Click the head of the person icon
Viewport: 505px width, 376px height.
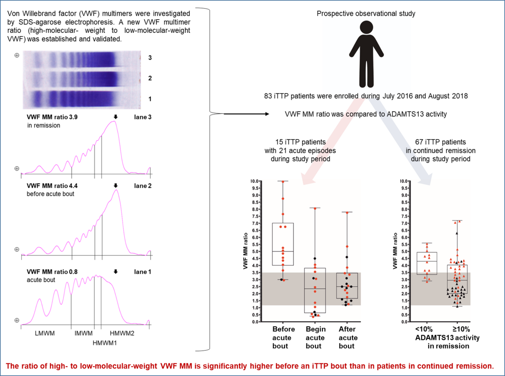(x=367, y=27)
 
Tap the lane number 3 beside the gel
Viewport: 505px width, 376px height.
(x=150, y=58)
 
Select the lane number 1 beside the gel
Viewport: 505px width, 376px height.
(x=150, y=99)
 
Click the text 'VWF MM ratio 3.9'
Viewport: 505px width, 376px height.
(x=52, y=117)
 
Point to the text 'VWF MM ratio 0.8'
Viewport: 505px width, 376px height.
(x=52, y=272)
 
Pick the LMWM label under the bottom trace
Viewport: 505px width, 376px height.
(x=45, y=333)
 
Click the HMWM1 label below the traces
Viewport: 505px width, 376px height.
(x=105, y=343)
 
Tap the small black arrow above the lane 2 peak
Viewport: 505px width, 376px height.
(x=116, y=185)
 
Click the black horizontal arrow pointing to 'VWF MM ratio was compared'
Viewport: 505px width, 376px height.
(x=246, y=114)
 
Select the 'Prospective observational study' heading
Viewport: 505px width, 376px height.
(x=366, y=14)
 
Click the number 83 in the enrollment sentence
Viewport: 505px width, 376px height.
(x=268, y=96)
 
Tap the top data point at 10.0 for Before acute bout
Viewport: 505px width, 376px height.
(x=283, y=181)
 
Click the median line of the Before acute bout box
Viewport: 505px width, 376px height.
(x=283, y=251)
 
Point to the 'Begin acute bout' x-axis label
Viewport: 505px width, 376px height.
(x=316, y=337)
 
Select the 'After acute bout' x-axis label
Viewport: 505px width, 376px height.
(x=348, y=337)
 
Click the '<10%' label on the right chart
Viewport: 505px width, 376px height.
(x=424, y=329)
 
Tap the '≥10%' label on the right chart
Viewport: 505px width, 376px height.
(x=461, y=329)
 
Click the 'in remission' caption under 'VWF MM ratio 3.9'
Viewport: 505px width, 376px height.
(x=44, y=126)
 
